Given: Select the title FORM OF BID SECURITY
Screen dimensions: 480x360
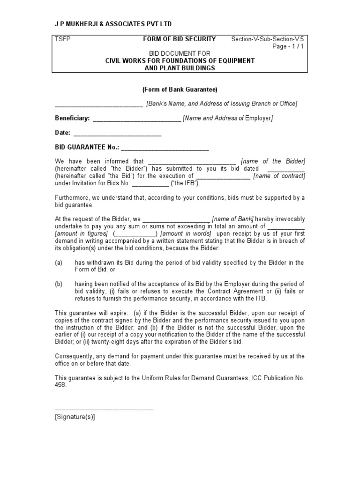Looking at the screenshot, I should click(x=180, y=39).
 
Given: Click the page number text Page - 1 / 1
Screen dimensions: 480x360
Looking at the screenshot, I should click(x=288, y=46).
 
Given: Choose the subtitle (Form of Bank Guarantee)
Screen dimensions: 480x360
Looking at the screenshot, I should click(x=180, y=90).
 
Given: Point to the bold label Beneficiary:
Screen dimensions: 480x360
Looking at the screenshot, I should click(x=72, y=119).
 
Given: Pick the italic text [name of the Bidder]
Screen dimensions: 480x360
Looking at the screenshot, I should click(x=273, y=161).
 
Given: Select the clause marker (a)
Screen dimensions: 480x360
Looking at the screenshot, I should click(x=59, y=262).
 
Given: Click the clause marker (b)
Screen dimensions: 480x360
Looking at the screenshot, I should click(x=59, y=284).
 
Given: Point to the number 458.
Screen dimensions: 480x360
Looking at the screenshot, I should click(x=61, y=385).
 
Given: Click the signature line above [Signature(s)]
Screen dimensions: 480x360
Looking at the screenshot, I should click(x=104, y=410).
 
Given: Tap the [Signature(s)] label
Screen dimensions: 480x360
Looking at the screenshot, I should click(x=75, y=418).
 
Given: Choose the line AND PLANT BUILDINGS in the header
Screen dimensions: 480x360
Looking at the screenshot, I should click(x=180, y=68).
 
